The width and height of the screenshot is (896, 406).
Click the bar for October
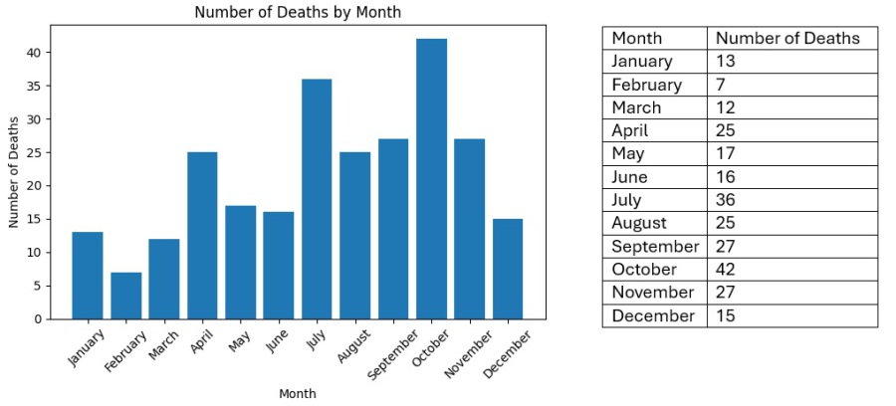click(431, 179)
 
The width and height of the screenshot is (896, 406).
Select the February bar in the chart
click(125, 296)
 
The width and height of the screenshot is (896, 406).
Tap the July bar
click(317, 199)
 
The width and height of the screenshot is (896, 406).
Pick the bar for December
click(507, 269)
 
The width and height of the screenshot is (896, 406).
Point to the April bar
click(202, 236)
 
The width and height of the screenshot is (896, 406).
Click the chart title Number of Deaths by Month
click(298, 12)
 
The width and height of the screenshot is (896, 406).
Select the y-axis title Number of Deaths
click(15, 172)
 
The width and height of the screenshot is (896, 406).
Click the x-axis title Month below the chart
click(298, 394)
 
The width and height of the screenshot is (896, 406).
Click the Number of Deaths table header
click(787, 39)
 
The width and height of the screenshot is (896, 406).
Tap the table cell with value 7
click(722, 85)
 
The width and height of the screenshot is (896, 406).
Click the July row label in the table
click(629, 200)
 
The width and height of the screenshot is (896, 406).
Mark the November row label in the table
click(652, 293)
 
